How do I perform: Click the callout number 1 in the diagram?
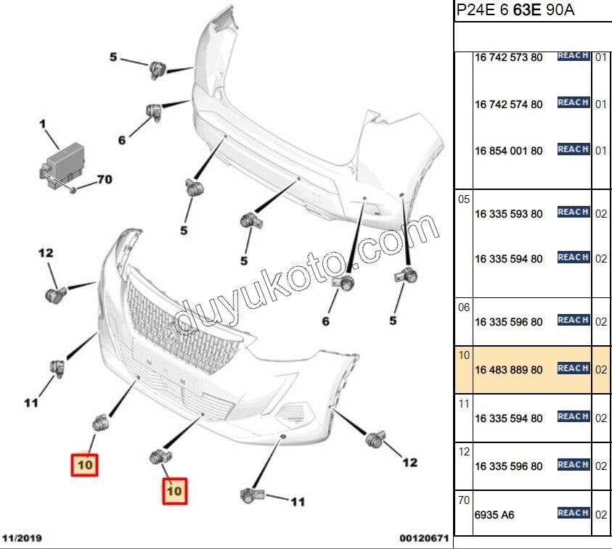coord(43,125)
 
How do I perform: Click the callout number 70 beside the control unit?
coord(104,180)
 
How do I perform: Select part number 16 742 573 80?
coord(508,57)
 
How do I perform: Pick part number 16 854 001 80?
coord(508,151)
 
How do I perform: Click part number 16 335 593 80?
coord(508,214)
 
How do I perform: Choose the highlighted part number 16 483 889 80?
coord(508,370)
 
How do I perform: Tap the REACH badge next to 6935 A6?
coord(573,513)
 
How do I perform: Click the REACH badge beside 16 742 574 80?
coord(573,102)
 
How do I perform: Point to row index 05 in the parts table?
coord(465,199)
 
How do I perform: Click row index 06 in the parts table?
coord(465,307)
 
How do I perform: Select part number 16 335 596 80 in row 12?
coord(508,466)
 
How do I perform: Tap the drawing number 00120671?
coord(424,539)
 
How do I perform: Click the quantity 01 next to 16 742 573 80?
coord(600,57)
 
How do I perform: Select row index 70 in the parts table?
coord(465,500)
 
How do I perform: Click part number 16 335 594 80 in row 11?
coord(508,418)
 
